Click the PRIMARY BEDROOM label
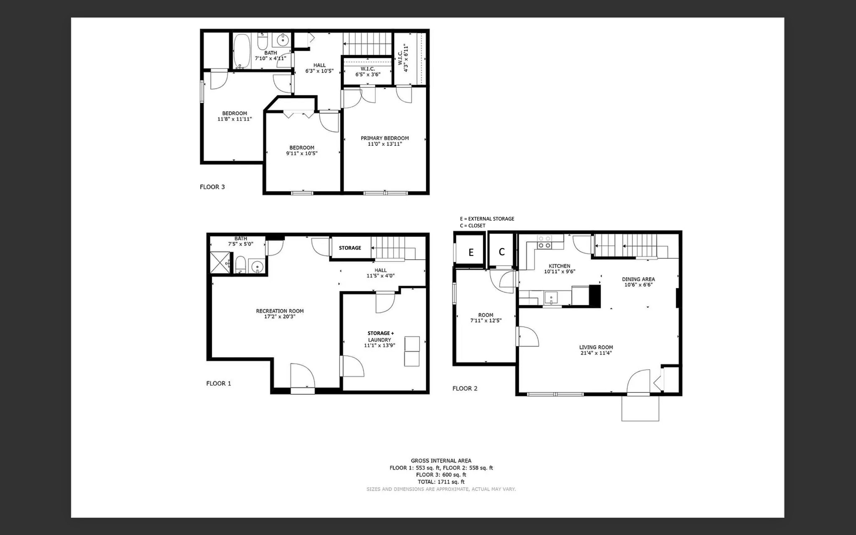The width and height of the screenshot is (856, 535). click(x=385, y=138)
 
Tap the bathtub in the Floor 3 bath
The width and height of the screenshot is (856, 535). click(x=242, y=51)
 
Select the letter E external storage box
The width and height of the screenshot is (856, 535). click(x=471, y=252)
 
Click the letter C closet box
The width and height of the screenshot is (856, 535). click(x=502, y=252)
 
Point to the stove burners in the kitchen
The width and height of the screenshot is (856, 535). click(x=544, y=242)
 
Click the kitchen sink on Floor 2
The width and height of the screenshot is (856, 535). click(x=551, y=298)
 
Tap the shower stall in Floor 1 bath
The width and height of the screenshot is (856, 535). click(x=220, y=262)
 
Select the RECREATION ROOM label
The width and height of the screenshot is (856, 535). click(x=280, y=311)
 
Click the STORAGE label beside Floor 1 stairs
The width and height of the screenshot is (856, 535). click(x=350, y=248)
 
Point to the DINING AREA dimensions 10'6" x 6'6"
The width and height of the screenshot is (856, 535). click(x=638, y=285)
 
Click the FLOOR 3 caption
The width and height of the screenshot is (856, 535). click(x=212, y=187)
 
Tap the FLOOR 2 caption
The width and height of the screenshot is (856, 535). click(x=465, y=388)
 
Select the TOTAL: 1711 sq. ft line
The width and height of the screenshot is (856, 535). click(x=441, y=481)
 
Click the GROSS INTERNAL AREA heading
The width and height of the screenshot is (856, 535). click(x=441, y=461)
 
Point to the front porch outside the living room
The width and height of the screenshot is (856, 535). click(x=640, y=408)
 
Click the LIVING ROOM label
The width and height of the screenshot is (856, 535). click(x=596, y=347)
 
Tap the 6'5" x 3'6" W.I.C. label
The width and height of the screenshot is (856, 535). click(x=368, y=75)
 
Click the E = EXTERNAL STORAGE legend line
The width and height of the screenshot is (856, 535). click(x=487, y=219)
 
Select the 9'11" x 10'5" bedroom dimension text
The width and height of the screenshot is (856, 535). click(x=302, y=153)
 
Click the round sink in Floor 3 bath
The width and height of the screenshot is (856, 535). click(x=283, y=41)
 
